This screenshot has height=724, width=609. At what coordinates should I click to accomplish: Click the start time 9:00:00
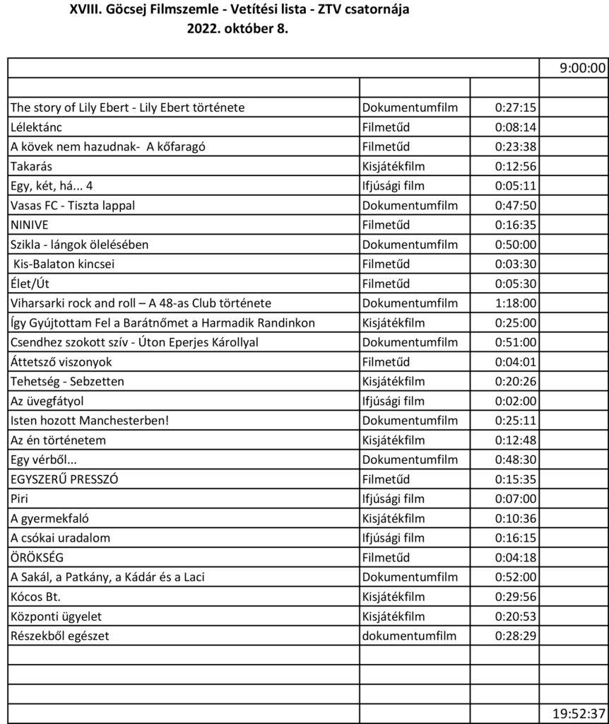tap(582, 68)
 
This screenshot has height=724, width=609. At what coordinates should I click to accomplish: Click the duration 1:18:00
tap(515, 303)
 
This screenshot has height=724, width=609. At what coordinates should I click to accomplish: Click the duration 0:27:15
tap(515, 107)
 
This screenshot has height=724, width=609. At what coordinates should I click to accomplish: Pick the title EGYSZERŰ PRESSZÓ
tap(64, 479)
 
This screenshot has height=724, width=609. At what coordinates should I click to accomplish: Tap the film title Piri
tap(19, 498)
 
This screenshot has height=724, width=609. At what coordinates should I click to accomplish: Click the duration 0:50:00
tap(515, 245)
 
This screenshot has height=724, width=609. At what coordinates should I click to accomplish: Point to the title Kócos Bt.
tap(35, 597)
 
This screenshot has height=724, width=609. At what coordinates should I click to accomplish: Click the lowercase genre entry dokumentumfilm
tap(409, 636)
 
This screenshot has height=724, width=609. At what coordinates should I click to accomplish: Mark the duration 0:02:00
tap(515, 401)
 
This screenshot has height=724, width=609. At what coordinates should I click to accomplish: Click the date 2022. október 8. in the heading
tap(237, 29)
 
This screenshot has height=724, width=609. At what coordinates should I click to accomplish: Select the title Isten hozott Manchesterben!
tap(90, 421)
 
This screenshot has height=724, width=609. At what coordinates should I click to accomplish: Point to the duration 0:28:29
tap(515, 636)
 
